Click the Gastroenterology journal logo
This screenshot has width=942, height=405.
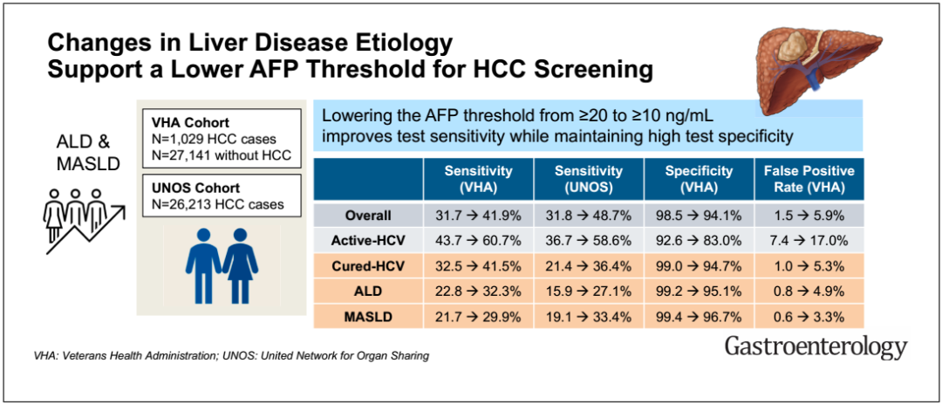[x=816, y=348]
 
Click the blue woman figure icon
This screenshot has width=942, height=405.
[x=241, y=266]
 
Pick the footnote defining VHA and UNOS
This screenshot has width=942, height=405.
[x=231, y=357]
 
